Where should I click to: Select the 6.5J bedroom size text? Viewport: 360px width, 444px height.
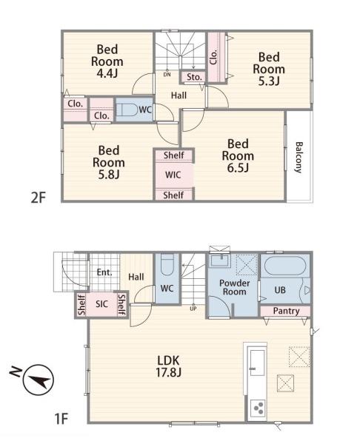tap(238, 168)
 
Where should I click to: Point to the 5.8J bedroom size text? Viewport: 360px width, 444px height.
tap(109, 175)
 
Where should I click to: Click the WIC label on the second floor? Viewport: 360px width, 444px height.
tap(173, 175)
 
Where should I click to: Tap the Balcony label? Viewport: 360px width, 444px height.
tap(299, 157)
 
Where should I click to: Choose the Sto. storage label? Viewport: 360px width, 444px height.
tap(194, 77)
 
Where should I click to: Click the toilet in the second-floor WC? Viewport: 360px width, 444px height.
tap(127, 110)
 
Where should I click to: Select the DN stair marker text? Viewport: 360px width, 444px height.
tap(167, 75)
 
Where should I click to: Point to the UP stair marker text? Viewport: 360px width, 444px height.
tap(193, 309)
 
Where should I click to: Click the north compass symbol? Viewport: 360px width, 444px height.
tap(39, 380)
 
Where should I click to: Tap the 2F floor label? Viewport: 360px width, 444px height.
tap(39, 198)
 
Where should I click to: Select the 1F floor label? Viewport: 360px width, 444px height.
tap(61, 419)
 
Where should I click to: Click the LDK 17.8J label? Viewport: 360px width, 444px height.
tap(168, 366)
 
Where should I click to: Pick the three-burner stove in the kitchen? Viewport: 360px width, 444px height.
tap(259, 408)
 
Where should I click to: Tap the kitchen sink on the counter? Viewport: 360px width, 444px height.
tap(258, 363)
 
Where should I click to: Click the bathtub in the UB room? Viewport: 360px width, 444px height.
tap(285, 266)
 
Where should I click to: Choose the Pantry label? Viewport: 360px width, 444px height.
tap(286, 311)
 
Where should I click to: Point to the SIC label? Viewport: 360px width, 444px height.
tap(101, 304)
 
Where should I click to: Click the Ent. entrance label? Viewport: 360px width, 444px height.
tap(104, 272)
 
